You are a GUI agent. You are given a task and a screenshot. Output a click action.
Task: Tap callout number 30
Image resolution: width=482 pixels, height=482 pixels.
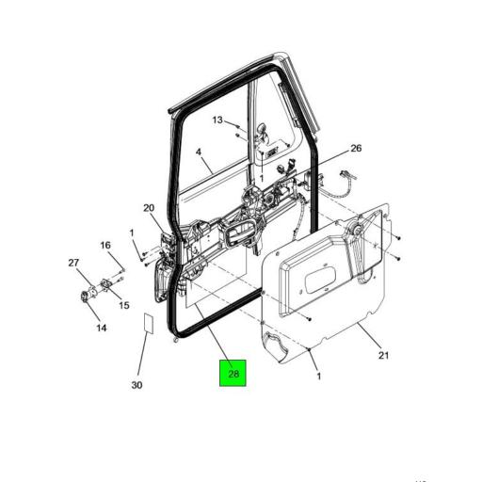point(137,385)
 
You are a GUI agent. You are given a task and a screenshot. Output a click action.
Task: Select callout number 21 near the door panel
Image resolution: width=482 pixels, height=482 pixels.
point(383,355)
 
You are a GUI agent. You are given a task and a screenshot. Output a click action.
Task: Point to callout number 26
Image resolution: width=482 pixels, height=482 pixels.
point(356,149)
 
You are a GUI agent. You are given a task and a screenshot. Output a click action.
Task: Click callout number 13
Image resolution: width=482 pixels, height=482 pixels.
point(217,120)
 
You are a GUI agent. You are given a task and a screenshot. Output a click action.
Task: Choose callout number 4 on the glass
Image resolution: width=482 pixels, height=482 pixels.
point(199,152)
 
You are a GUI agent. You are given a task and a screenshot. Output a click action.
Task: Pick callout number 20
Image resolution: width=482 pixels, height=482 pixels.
point(149,208)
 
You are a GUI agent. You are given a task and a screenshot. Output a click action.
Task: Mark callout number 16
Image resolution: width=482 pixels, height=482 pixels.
point(105,246)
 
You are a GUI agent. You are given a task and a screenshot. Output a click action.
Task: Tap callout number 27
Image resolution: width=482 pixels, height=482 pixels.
point(72,264)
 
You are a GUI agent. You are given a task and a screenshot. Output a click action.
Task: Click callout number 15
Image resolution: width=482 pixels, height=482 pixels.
point(123,304)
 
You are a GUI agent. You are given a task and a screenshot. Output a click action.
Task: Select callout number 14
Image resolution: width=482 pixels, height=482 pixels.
point(101,328)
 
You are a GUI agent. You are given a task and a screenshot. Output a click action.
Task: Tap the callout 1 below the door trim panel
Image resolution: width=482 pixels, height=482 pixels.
point(317,377)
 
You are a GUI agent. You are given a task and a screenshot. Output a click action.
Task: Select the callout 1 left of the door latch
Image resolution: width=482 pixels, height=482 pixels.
point(133,233)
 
